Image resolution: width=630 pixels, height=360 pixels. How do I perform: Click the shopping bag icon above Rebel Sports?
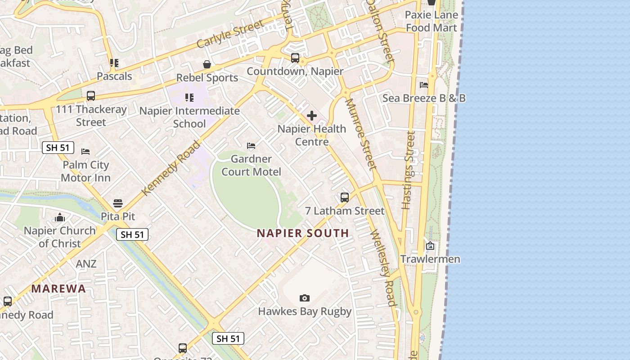207,64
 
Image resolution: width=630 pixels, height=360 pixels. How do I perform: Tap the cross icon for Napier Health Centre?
311,116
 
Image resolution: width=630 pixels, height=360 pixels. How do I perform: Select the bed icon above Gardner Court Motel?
251,146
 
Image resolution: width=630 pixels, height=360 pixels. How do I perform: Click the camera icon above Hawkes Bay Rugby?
305,298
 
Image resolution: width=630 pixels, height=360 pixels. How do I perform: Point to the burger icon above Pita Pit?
118,203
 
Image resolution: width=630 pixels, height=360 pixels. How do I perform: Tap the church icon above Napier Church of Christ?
60,218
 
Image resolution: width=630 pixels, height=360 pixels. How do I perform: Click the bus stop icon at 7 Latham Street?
345,198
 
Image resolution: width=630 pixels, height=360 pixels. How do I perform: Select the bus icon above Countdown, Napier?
295,58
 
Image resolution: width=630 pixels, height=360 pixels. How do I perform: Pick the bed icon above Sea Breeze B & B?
423,85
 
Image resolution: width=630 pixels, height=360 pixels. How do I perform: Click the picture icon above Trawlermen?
430,246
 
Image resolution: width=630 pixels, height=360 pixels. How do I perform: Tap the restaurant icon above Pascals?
114,63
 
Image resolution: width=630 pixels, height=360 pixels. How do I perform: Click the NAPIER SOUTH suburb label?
303,233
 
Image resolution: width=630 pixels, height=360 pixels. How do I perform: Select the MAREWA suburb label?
58,289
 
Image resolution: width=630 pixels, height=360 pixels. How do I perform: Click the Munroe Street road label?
360,135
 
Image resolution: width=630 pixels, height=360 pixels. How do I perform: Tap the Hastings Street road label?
408,170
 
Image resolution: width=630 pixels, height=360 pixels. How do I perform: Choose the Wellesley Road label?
383,268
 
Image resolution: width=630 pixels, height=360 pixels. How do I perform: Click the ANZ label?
86,264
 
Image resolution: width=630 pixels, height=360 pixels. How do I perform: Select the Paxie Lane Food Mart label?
431,21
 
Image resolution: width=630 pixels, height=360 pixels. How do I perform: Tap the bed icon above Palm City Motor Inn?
85,152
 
